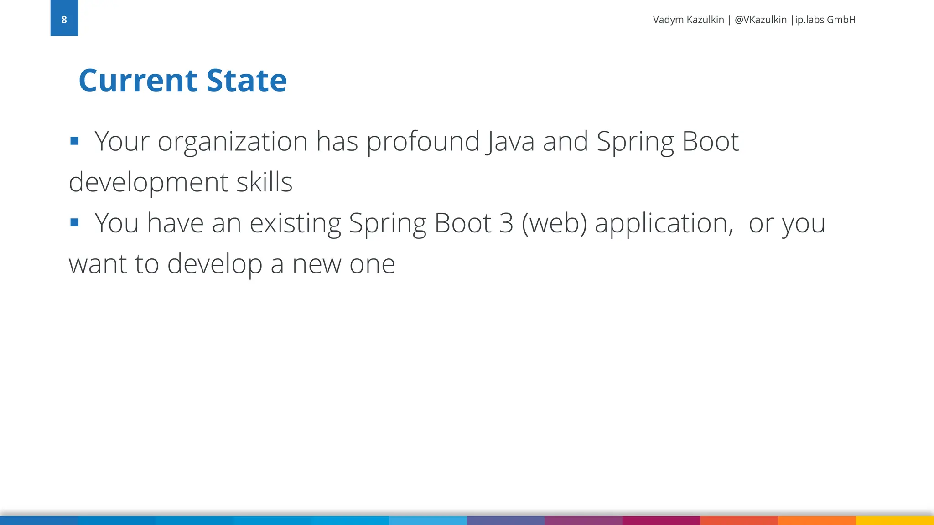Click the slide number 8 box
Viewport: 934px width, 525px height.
(64, 18)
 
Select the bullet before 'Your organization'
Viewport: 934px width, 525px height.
(75, 141)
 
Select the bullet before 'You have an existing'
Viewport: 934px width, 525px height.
(75, 222)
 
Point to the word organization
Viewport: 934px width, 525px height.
(233, 142)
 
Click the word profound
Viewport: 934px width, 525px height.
(423, 142)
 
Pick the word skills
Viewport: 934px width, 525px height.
(264, 182)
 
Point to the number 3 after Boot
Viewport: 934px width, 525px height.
(506, 223)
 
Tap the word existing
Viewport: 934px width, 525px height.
(295, 224)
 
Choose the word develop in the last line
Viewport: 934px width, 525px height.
(214, 265)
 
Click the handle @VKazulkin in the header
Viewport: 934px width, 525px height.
(760, 20)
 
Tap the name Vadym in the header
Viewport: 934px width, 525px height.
(668, 20)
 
